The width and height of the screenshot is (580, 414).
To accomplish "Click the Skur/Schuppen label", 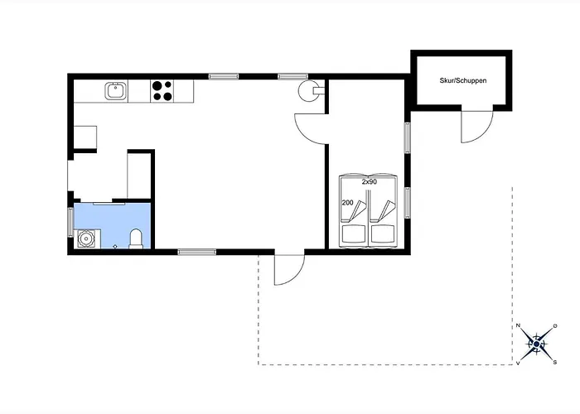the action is (462, 80).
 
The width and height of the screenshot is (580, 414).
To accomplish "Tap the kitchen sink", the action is (116, 91).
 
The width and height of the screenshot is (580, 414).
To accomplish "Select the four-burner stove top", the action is (162, 91).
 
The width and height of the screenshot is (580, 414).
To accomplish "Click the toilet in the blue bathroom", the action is (136, 238).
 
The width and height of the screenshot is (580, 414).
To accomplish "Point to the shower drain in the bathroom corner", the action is (86, 238).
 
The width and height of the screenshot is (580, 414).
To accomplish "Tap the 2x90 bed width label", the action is (370, 182).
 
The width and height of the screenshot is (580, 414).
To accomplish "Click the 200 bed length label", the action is (348, 203).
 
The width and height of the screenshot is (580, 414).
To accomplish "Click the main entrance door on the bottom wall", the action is (289, 269).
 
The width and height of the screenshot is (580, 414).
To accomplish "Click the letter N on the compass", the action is (518, 325).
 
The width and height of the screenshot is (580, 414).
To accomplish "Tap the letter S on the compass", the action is (555, 363).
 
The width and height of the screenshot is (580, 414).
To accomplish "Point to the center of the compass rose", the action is (536, 344).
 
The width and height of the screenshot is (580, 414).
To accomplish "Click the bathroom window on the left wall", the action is (70, 222).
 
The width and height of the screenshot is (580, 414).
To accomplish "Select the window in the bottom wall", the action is (197, 252).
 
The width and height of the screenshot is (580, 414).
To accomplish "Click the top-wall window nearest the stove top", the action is (224, 76).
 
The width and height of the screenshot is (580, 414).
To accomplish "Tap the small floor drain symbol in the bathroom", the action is (115, 246).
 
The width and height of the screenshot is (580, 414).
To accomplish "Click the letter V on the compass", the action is (518, 363).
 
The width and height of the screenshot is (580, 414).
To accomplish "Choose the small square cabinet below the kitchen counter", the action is (85, 137).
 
